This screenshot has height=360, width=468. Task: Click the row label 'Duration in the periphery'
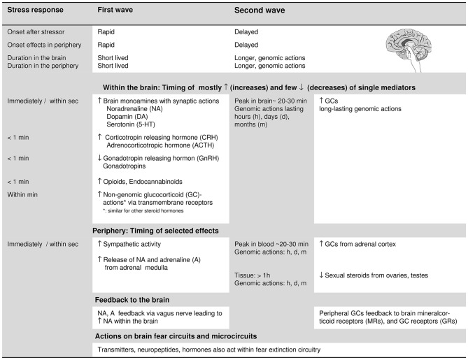click(x=43, y=66)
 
